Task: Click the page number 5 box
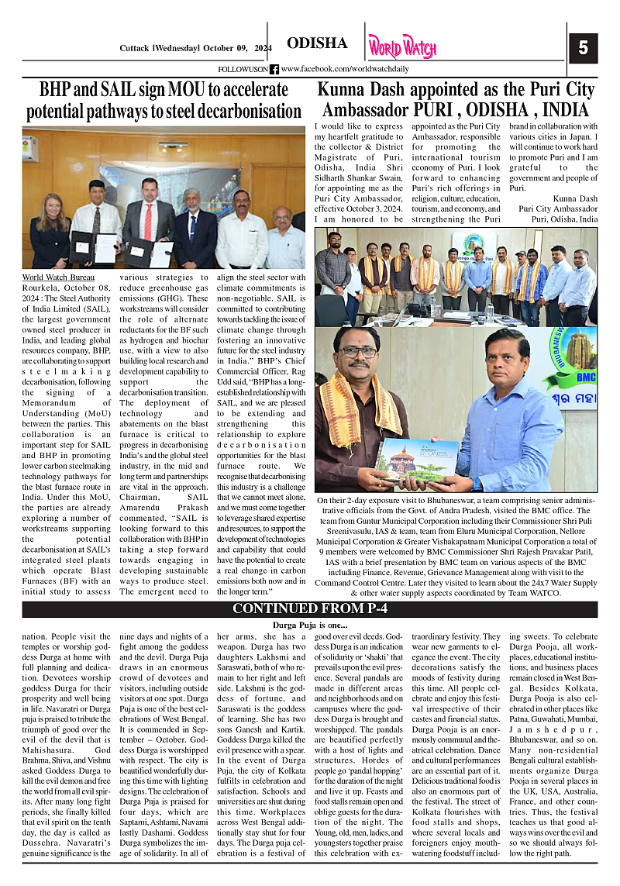tap(583, 48)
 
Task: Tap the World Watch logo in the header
tap(402, 47)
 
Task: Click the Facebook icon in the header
tap(274, 69)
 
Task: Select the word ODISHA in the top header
tap(317, 43)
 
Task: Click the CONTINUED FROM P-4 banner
tap(309, 608)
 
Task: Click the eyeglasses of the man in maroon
tap(358, 352)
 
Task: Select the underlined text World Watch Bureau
tap(58, 277)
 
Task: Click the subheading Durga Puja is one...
tap(310, 624)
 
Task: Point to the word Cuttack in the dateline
tap(135, 48)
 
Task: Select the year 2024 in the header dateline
tap(261, 48)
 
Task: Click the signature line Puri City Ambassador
tap(558, 209)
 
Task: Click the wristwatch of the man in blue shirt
tap(475, 483)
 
